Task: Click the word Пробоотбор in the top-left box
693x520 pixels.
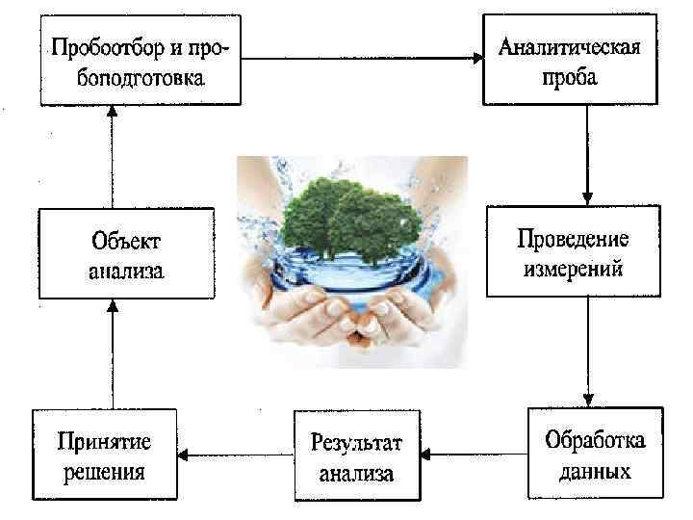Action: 100,46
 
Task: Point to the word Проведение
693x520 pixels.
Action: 573,237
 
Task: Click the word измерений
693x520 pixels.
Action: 573,268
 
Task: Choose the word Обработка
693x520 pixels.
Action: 595,441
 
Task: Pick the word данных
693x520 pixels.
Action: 595,472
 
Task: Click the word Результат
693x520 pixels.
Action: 356,443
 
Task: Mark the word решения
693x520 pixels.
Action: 104,472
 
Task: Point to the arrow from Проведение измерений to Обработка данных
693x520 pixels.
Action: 588,351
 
